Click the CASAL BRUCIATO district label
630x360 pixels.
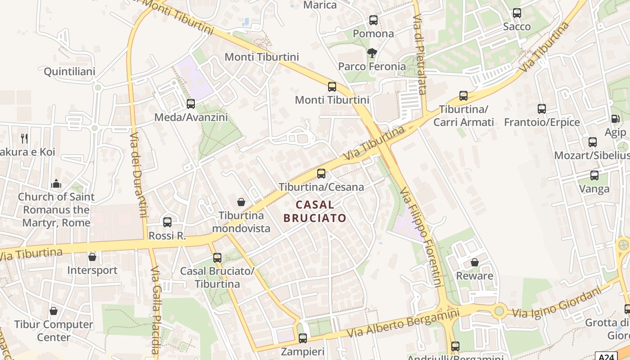315,211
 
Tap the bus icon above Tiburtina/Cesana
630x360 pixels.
321,174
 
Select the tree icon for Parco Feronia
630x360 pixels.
372,54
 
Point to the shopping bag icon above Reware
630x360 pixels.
474,262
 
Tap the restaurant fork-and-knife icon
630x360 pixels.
24,138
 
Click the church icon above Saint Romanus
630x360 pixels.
56,183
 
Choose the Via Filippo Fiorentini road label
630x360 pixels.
420,237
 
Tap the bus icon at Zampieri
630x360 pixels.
303,338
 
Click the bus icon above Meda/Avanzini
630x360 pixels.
191,104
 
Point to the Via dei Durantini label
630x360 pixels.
139,174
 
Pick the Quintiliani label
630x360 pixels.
69,72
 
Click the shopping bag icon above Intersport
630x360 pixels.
92,257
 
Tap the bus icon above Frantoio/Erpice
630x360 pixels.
542,109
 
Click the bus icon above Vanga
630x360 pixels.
594,175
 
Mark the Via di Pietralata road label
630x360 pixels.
419,54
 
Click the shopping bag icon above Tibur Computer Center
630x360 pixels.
54,311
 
